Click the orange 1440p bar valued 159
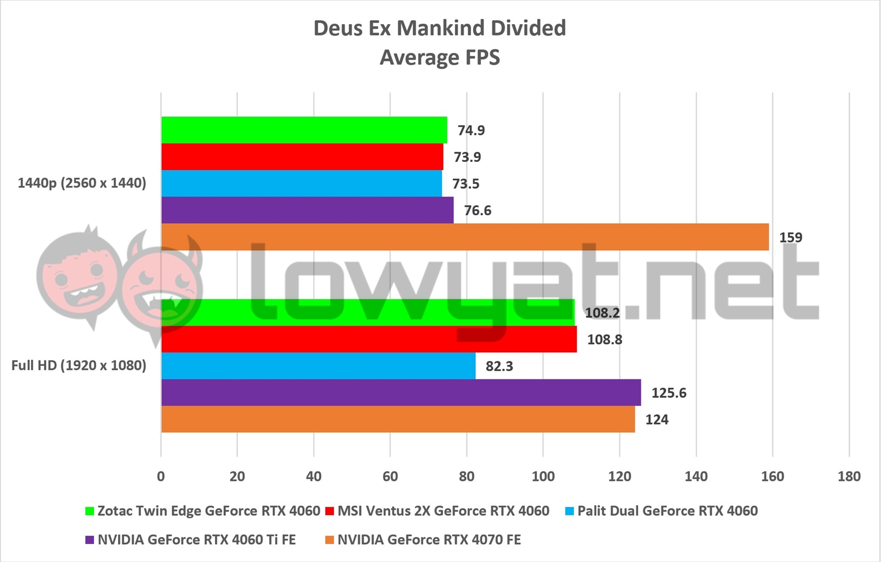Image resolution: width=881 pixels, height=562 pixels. (465, 237)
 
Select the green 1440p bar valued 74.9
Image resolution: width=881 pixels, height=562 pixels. (304, 130)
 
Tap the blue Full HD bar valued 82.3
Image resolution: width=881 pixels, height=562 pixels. (318, 366)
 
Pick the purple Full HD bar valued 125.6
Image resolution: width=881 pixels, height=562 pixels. (401, 392)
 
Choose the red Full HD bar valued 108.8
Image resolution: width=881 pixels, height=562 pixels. (368, 339)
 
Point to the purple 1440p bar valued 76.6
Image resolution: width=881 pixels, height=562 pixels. (307, 210)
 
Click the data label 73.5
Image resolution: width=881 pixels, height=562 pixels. (465, 184)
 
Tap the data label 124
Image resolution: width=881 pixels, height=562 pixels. (657, 420)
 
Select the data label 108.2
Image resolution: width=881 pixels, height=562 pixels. (602, 313)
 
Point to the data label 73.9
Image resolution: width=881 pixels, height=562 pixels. (467, 157)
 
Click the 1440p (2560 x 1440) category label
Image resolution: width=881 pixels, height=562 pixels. (82, 183)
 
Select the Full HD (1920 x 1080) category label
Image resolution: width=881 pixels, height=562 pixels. (79, 366)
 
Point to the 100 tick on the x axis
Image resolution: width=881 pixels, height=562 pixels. (543, 477)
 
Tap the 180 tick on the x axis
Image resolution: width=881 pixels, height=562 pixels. (848, 477)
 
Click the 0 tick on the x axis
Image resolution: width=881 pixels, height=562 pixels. (161, 477)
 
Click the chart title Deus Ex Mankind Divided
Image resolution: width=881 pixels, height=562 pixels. (440, 28)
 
